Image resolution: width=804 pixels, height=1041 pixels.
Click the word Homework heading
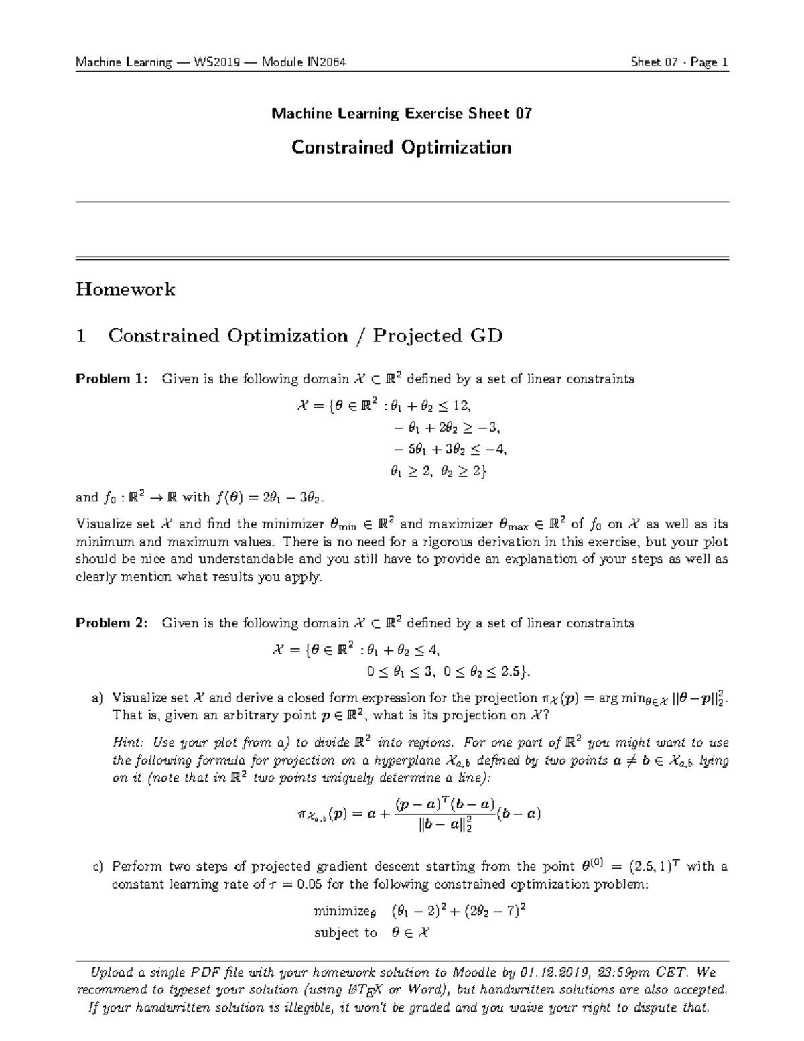(125, 290)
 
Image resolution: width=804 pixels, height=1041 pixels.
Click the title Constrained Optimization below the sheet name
(401, 147)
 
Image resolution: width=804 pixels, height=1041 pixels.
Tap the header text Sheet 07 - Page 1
(679, 63)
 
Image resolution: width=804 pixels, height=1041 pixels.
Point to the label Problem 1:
(111, 379)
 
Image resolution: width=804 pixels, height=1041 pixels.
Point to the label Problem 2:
(111, 623)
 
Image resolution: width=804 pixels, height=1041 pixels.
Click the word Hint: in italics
(129, 743)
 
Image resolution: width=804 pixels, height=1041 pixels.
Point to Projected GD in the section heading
(437, 336)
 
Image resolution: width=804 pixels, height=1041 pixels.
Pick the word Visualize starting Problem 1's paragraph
(104, 524)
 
